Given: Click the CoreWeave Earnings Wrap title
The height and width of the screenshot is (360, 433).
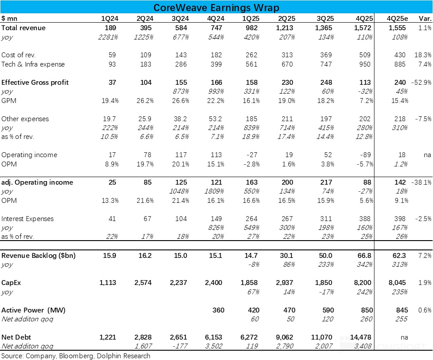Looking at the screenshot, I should tap(216, 8).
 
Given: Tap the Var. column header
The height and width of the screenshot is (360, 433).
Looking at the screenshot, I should tap(425, 19).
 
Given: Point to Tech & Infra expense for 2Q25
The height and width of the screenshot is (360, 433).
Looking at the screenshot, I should tap(286, 64).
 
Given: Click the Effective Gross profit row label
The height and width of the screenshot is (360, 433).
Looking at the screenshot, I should tap(35, 83).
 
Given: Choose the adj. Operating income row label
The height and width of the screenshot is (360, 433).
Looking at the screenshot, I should tap(37, 182).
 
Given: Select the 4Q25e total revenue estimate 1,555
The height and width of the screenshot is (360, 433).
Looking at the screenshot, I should tap(396, 28).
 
